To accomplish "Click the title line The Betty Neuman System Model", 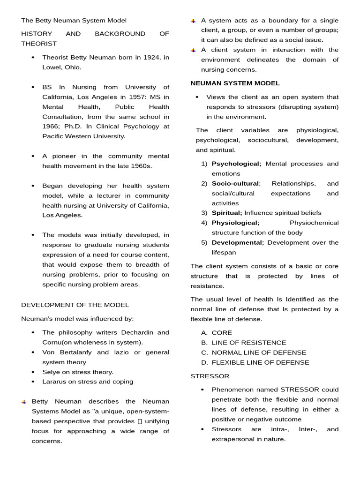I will [74, 21].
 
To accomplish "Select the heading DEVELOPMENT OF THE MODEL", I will [75, 305].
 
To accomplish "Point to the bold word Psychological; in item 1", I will [237, 164].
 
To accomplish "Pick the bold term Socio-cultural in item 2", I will [235, 184].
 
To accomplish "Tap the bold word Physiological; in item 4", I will [235, 223].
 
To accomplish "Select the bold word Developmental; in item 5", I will [238, 243].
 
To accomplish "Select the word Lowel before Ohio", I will [51, 67].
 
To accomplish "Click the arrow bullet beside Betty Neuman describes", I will [24, 402].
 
